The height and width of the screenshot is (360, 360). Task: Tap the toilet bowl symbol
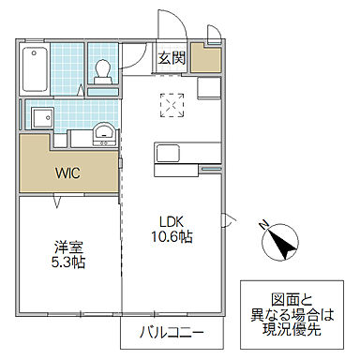(x=102, y=71)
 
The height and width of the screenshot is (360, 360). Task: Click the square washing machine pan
(x=42, y=120)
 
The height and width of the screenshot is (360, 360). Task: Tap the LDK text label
(x=170, y=222)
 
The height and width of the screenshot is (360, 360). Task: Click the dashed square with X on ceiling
(x=172, y=106)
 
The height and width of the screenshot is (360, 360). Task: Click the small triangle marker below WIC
(x=57, y=202)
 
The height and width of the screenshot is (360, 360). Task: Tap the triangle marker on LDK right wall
(x=226, y=221)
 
